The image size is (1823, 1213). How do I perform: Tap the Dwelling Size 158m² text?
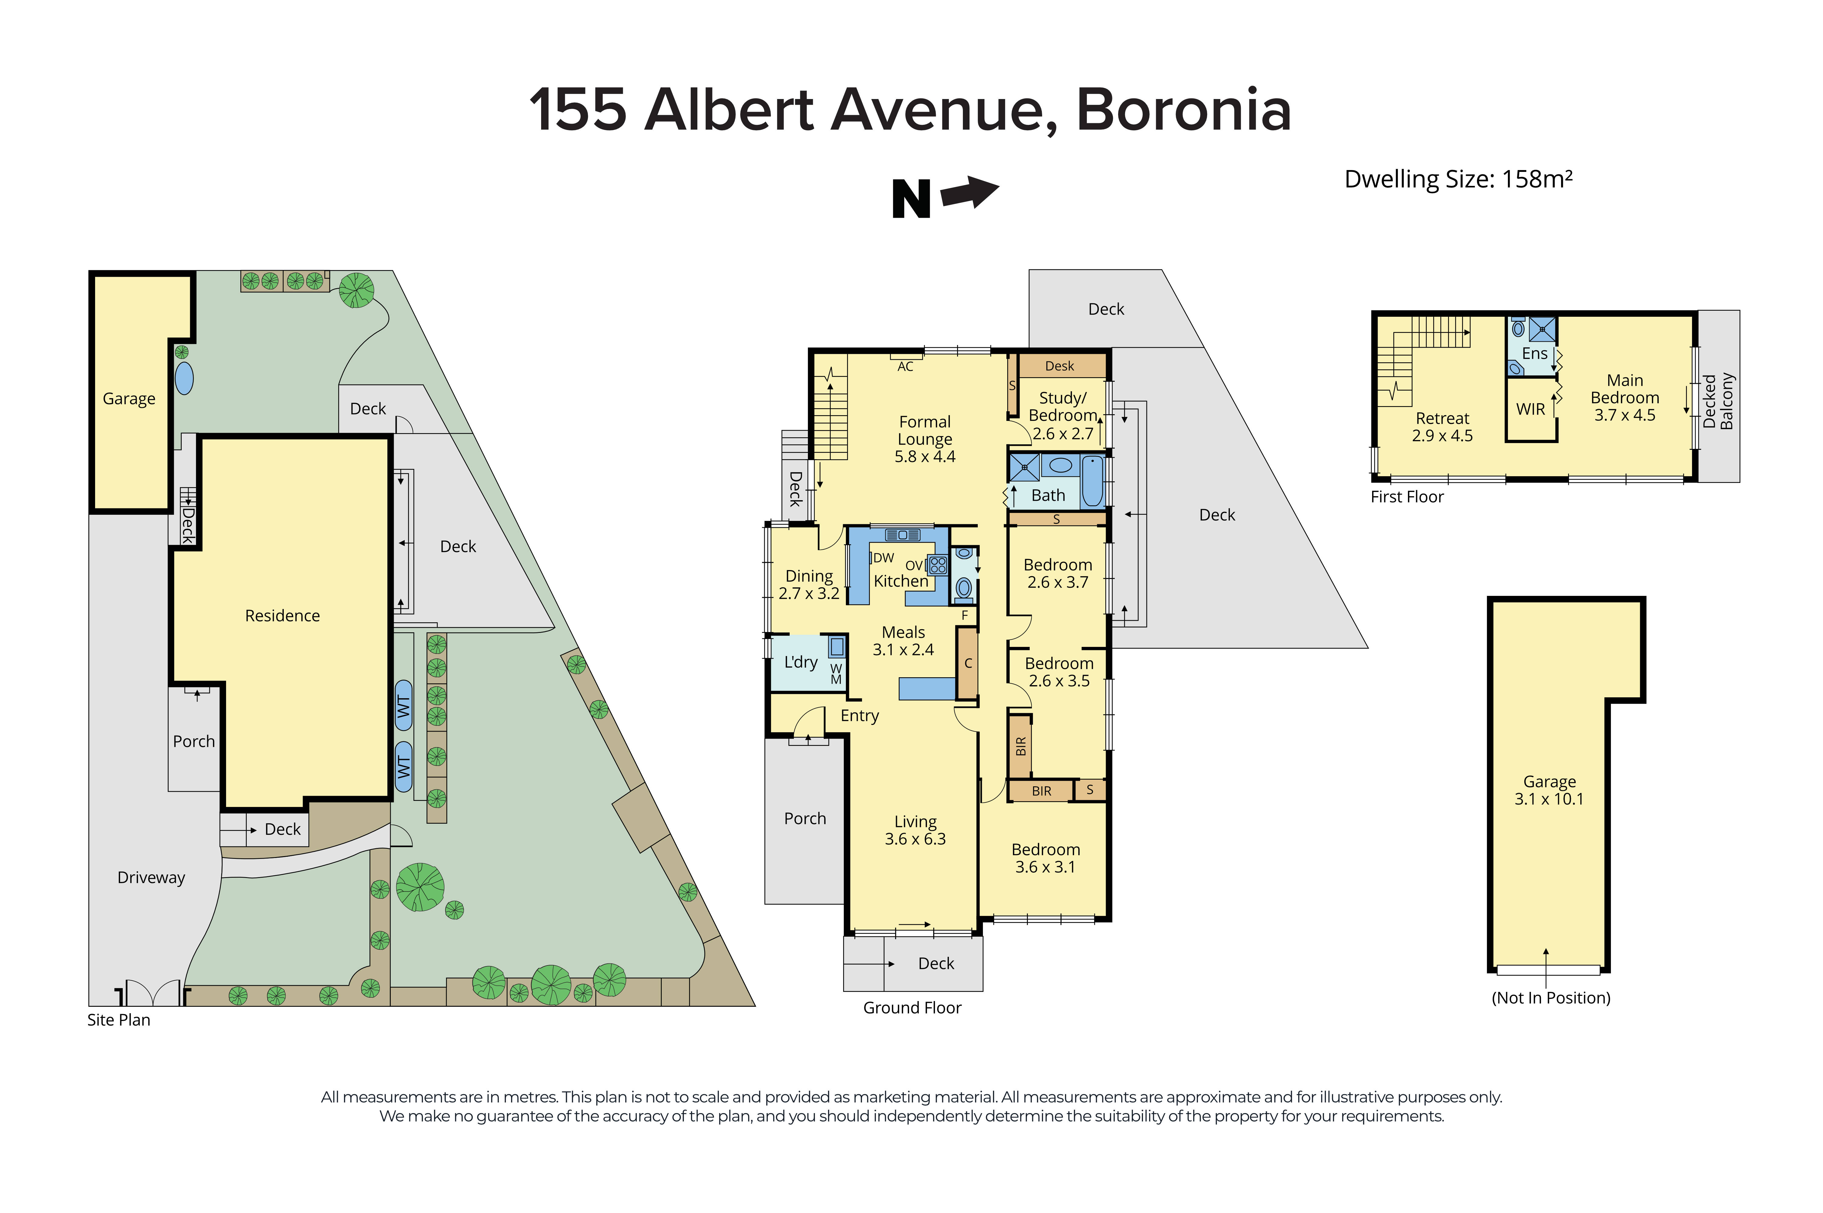[x=1458, y=179]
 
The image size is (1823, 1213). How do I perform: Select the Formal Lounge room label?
[x=925, y=439]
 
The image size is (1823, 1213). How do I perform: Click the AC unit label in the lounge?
[x=905, y=367]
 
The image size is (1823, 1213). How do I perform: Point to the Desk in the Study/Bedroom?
[x=1059, y=366]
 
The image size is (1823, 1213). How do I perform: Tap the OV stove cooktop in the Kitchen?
[x=937, y=565]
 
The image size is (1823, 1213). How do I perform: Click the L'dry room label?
[x=800, y=662]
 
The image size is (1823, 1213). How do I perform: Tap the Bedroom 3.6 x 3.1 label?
[x=1045, y=858]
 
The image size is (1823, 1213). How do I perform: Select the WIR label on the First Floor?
[x=1530, y=409]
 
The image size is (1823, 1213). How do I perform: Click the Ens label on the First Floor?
[x=1534, y=354]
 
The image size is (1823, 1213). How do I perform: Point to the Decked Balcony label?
[x=1718, y=401]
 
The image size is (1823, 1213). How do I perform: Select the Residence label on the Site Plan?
[x=283, y=616]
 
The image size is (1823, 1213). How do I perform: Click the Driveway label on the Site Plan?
[x=151, y=877]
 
